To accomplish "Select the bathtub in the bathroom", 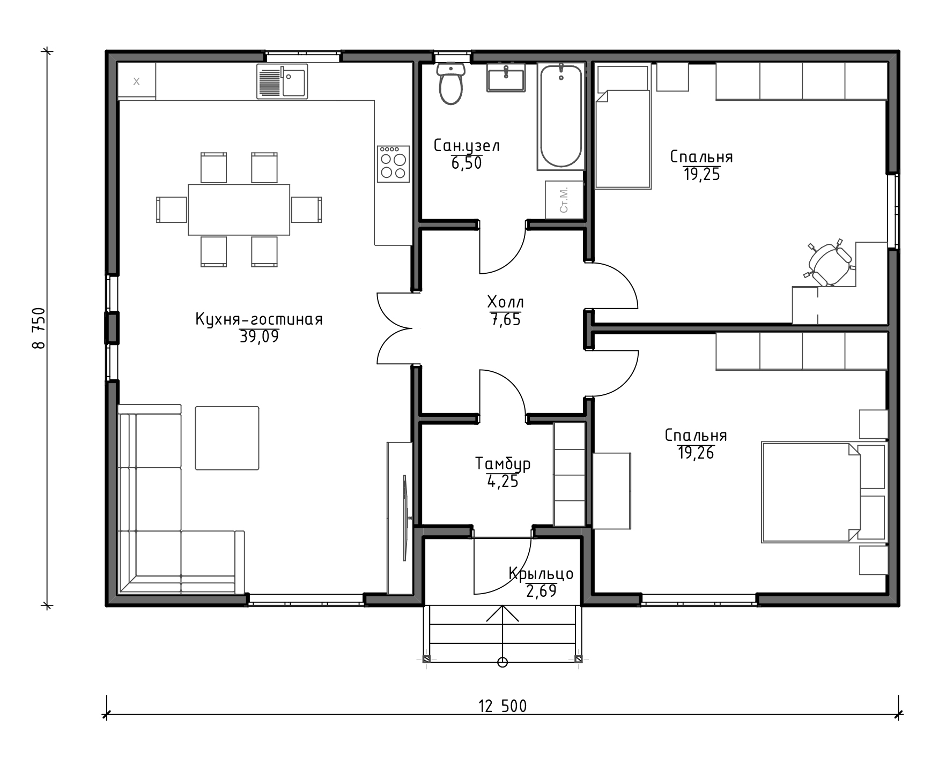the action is coord(560,116).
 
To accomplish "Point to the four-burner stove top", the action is coord(393,163).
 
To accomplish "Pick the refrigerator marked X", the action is coord(136,81).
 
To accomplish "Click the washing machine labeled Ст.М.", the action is coord(564,200).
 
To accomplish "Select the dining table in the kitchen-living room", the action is coord(239,209).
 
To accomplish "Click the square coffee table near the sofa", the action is coord(227,438).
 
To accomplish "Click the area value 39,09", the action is coord(259,337).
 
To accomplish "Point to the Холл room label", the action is coord(505,301).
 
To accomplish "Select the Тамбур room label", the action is coord(503,463).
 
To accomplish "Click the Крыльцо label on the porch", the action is coord(541,574).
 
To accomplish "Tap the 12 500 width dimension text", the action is coord(503,706).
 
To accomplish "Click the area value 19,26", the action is coord(696,453).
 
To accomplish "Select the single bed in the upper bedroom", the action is coord(623,127).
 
